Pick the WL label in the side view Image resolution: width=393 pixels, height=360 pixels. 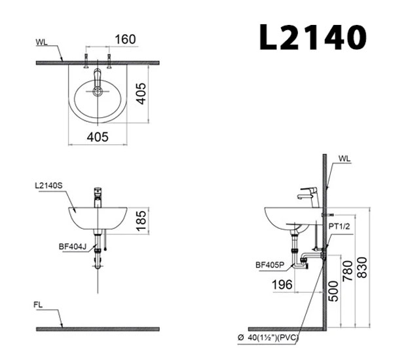[345, 158]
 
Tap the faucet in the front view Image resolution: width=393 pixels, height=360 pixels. [97, 196]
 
